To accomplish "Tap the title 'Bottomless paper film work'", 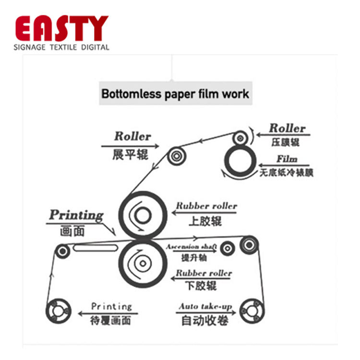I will [176, 93].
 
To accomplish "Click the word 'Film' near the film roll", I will [287, 159].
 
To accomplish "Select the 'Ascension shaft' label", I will [191, 247].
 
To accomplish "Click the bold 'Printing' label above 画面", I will [76, 215].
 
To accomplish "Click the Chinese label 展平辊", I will [130, 155].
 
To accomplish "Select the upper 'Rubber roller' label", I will [206, 206].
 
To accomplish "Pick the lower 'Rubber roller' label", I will [204, 273].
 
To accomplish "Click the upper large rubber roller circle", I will [141, 214].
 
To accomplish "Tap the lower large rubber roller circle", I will [141, 263].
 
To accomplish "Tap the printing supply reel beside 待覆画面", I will [58, 311].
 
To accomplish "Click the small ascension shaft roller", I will [228, 248].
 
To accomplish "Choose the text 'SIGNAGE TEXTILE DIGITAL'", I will [61, 47].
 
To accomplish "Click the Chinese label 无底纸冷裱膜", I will [287, 172].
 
